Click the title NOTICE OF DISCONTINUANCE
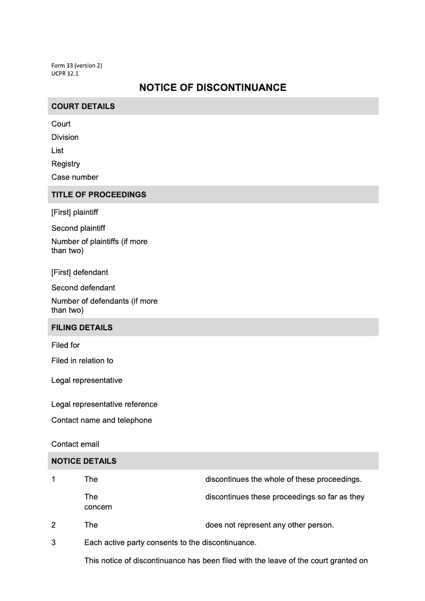[212, 88]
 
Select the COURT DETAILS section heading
[83, 106]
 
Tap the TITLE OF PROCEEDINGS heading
[99, 195]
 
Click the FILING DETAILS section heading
[82, 328]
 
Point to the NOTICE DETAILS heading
[84, 461]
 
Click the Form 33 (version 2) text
[76, 65]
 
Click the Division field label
[65, 137]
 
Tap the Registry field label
[66, 164]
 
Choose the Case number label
[75, 177]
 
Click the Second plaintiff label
[78, 228]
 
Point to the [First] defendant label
[80, 272]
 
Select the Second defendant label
[83, 288]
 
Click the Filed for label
[65, 345]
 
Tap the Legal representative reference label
[104, 404]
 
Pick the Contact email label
[75, 444]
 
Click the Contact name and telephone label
[101, 420]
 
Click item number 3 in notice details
[54, 543]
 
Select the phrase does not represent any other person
[269, 525]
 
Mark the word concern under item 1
[98, 507]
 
